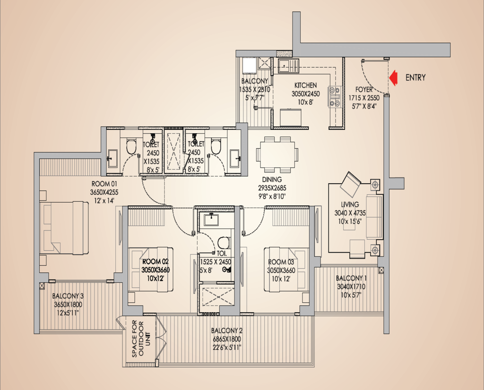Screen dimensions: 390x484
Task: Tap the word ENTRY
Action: click(415, 77)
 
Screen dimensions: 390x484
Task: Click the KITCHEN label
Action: click(305, 85)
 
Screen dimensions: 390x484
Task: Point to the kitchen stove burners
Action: click(335, 96)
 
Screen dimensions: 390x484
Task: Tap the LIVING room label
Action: click(350, 204)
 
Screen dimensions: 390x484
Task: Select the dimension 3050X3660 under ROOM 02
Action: click(156, 270)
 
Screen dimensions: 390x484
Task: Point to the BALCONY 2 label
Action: click(227, 331)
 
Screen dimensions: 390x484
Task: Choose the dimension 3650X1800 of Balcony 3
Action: click(68, 305)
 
